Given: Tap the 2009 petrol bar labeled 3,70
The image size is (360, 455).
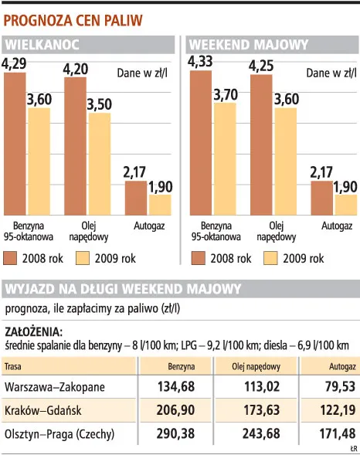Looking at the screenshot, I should click(224, 158).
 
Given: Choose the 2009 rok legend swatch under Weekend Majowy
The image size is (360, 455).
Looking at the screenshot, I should click(273, 258).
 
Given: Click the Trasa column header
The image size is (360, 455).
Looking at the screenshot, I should click(13, 365).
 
